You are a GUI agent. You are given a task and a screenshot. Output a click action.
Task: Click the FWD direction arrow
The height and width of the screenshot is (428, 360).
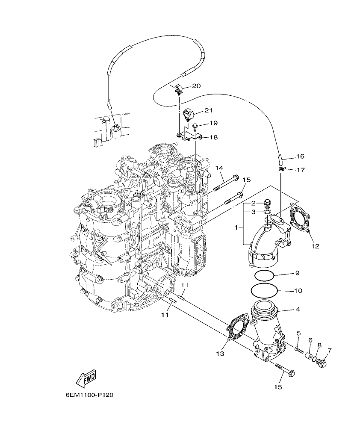click(x=86, y=378)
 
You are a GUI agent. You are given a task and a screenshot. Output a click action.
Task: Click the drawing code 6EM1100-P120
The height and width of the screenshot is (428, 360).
click(x=89, y=396)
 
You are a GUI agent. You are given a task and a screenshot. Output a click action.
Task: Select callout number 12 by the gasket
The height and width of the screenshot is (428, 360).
click(x=316, y=246)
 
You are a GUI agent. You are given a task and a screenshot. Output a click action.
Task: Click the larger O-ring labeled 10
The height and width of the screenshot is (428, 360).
click(x=265, y=291)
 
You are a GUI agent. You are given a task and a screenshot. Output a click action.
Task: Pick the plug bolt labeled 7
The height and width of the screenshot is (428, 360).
click(x=322, y=363)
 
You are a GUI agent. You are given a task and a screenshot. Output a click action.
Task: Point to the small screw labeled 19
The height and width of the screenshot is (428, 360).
click(x=195, y=126)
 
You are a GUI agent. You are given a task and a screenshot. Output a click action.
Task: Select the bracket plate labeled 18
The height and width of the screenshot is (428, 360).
click(x=191, y=136)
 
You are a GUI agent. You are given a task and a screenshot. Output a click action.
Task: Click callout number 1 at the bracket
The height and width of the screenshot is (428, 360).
click(x=236, y=228)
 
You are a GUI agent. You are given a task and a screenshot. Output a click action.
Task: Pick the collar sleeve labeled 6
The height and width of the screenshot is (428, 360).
click(x=307, y=355)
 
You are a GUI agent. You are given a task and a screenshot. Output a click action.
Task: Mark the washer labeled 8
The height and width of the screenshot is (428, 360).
click(x=315, y=358)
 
